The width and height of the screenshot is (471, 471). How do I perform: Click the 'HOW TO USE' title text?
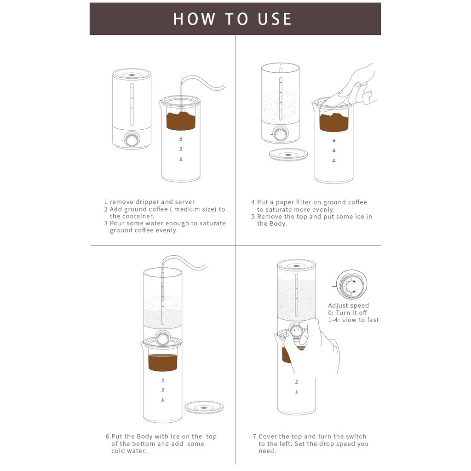pos(232,19)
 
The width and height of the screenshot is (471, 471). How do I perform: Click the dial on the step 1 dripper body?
pos(132,140)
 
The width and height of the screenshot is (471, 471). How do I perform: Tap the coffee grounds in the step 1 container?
pos(181,121)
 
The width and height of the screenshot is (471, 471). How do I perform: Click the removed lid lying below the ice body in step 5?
pos(288,155)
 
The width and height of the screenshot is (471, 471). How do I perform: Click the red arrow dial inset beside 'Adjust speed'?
pos(351,285)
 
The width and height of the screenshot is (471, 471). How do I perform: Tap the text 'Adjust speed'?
pos(349,305)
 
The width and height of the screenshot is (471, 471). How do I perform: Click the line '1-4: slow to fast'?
pos(353,320)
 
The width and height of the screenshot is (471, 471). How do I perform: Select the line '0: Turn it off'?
pos(348,313)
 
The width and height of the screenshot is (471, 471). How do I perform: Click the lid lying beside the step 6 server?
pos(204,408)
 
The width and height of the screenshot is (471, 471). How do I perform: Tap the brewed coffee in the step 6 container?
pos(163,362)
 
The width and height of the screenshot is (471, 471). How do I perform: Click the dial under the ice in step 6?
pos(163,338)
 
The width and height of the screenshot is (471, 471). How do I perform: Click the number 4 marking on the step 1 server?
pos(181,139)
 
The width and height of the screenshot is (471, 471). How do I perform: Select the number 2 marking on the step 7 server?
pos(297,392)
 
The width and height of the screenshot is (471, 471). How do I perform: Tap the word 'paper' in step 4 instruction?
pos(285,202)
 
